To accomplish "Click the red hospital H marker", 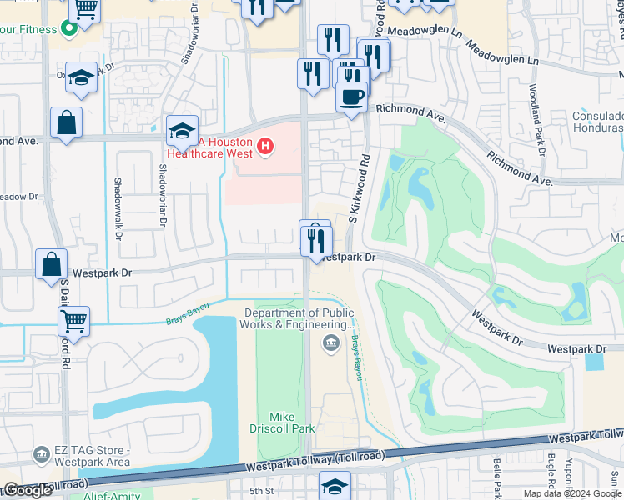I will (x=265, y=147).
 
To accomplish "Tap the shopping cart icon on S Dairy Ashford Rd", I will (x=74, y=320).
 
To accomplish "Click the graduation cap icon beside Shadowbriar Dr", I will (x=182, y=131).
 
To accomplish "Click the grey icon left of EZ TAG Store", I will (x=41, y=455).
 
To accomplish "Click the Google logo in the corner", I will (x=28, y=490).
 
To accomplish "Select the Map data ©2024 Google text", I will (x=571, y=493).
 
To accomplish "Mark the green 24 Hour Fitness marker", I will (x=70, y=29).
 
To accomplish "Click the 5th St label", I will (x=262, y=492).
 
